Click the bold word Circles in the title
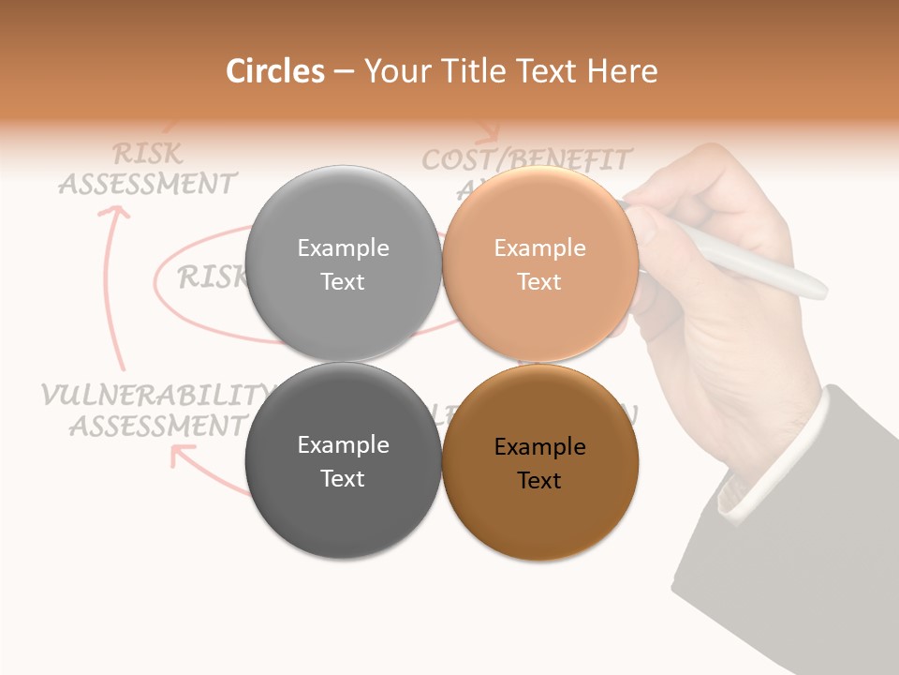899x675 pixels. [274, 71]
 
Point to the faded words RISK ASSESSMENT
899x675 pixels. [148, 169]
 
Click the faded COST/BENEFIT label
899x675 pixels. [526, 160]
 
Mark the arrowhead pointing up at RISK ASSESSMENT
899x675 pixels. [114, 213]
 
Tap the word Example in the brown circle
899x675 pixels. [539, 447]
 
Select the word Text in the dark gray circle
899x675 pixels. [343, 478]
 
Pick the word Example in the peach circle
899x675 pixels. [539, 247]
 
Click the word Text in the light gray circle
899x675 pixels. [343, 281]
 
